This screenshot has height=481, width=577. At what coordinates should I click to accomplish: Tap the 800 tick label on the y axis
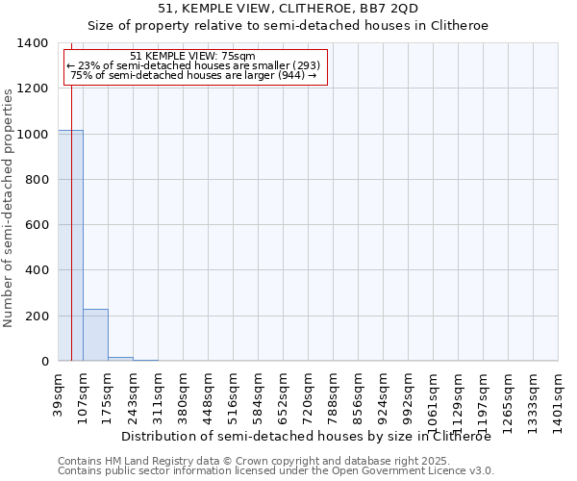[37, 180]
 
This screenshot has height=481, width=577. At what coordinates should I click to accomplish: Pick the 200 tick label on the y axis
[37, 316]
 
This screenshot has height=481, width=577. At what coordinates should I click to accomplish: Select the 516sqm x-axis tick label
[234, 394]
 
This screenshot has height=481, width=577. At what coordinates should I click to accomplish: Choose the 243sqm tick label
[134, 394]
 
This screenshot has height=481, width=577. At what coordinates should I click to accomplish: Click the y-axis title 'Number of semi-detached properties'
[9, 207]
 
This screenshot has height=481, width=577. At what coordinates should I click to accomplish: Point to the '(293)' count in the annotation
[302, 65]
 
